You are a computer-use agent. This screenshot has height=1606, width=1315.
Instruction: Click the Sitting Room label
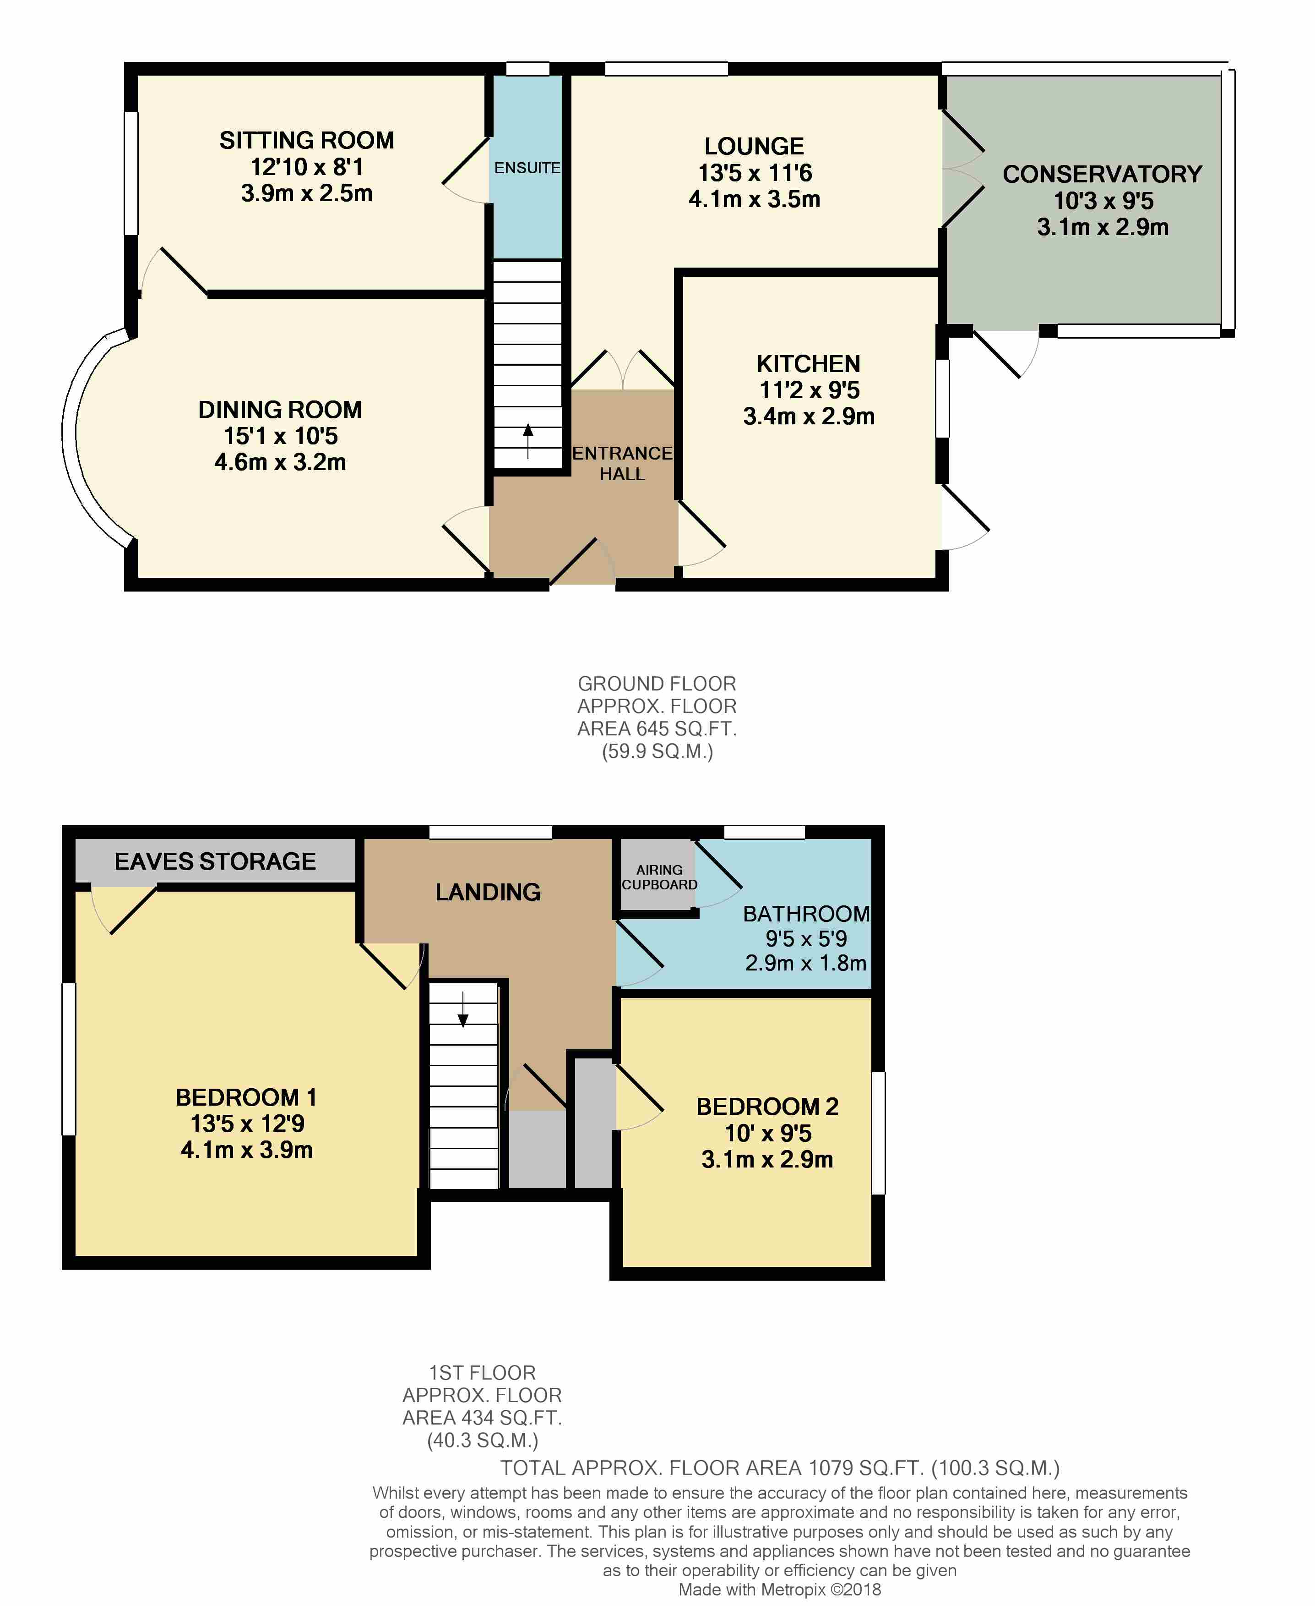click(x=307, y=140)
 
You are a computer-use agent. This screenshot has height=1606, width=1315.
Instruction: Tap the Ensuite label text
click(x=527, y=168)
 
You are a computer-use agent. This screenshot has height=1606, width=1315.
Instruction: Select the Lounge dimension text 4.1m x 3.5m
click(x=755, y=199)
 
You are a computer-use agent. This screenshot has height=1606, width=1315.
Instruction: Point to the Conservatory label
click(x=1102, y=174)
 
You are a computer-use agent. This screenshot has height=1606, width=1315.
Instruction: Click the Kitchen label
click(x=808, y=364)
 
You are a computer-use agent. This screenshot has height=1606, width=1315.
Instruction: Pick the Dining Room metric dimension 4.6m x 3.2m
click(x=280, y=462)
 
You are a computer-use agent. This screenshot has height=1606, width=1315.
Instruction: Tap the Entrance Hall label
click(x=622, y=464)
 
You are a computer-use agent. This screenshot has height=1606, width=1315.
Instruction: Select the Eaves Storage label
click(x=215, y=862)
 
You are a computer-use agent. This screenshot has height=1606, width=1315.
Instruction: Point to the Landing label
click(x=488, y=892)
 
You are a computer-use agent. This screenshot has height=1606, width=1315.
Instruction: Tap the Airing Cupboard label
click(x=659, y=877)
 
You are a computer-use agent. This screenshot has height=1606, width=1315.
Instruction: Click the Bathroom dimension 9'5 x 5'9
click(x=806, y=939)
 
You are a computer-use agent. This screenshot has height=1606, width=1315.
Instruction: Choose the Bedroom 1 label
click(x=246, y=1097)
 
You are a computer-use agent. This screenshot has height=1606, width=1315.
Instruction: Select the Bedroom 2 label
click(x=767, y=1107)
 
